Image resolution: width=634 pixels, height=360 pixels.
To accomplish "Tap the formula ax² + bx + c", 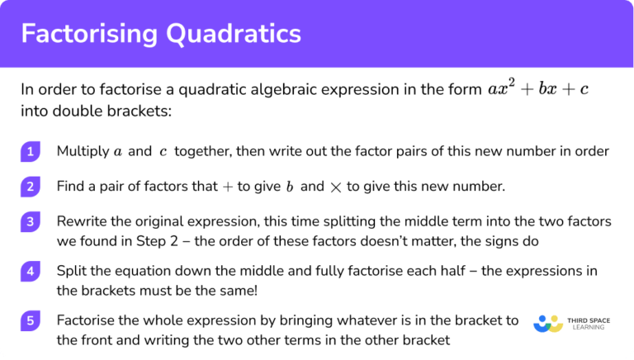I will [x=538, y=89].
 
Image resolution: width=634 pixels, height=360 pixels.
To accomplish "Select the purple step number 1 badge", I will [x=31, y=151].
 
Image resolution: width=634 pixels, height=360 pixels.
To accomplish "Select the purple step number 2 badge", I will [x=31, y=187].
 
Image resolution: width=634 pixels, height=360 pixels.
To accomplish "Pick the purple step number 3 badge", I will [x=31, y=222].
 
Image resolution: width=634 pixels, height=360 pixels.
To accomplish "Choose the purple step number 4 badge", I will [x=31, y=271].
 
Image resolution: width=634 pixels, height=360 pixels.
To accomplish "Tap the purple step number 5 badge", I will [x=31, y=320].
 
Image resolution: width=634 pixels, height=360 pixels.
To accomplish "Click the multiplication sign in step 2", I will [x=335, y=187].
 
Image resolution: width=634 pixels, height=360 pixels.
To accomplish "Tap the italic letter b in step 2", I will [x=290, y=187].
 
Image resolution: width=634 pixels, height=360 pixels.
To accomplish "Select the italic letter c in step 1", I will [x=163, y=152].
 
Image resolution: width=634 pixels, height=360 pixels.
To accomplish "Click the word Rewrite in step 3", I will [x=83, y=222].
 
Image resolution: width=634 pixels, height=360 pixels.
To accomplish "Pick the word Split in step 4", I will [x=70, y=271].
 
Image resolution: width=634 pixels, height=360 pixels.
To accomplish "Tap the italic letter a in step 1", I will [x=117, y=152].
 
